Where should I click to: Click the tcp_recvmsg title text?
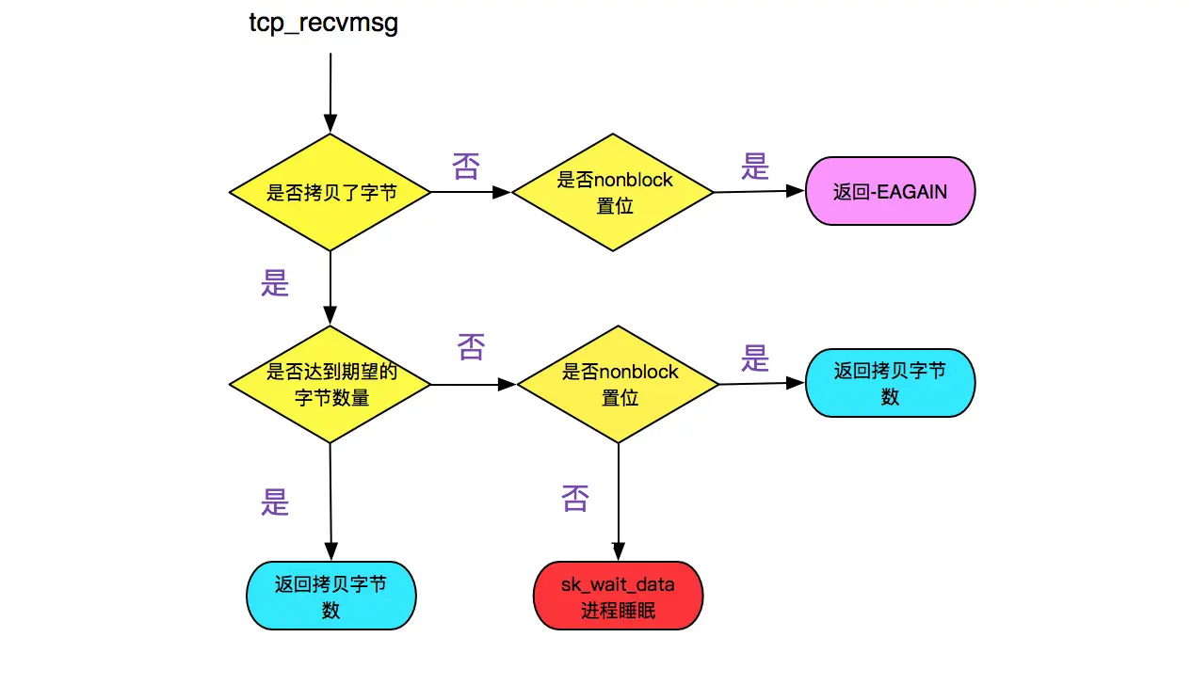[x=323, y=24]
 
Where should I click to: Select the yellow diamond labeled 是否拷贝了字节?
[x=330, y=192]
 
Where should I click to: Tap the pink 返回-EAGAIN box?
[x=890, y=191]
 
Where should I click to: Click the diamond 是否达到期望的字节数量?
[x=330, y=384]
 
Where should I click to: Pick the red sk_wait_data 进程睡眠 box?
[x=618, y=596]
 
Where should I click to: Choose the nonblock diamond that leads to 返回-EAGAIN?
[x=614, y=192]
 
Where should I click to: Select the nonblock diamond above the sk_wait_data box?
[x=619, y=384]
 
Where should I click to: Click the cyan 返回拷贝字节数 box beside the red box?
[x=330, y=596]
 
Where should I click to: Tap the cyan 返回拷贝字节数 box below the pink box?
[x=890, y=383]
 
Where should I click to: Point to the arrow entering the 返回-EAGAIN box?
[x=759, y=191]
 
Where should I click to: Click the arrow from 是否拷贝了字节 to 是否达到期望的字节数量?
[x=330, y=288]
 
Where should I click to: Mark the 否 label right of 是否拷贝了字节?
[x=466, y=167]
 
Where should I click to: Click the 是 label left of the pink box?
[x=755, y=167]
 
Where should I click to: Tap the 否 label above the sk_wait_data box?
[x=575, y=498]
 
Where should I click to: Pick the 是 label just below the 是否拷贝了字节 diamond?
[x=275, y=283]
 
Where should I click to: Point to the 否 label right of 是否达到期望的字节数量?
[x=471, y=347]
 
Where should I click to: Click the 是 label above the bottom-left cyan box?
[x=275, y=502]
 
